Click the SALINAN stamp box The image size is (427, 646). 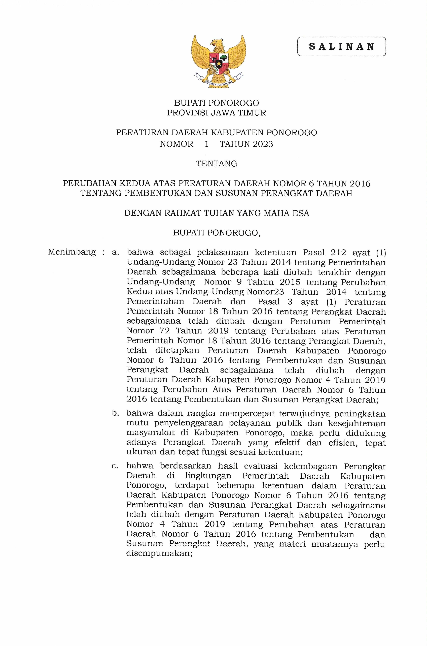coord(341,47)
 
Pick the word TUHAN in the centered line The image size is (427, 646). coord(220,213)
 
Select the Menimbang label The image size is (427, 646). coord(72,252)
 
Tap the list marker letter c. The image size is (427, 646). coord(115,466)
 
